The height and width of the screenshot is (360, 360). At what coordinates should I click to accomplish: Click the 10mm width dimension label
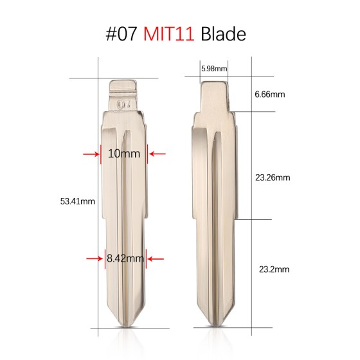pos(123,154)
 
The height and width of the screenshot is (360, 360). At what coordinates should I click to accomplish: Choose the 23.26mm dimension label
pos(273,177)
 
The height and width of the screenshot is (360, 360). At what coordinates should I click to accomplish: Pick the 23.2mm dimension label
pos(271,271)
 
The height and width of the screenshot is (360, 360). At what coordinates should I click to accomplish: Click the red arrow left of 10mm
pos(89,154)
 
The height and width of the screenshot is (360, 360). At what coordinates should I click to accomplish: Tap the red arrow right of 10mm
pos(157,154)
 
